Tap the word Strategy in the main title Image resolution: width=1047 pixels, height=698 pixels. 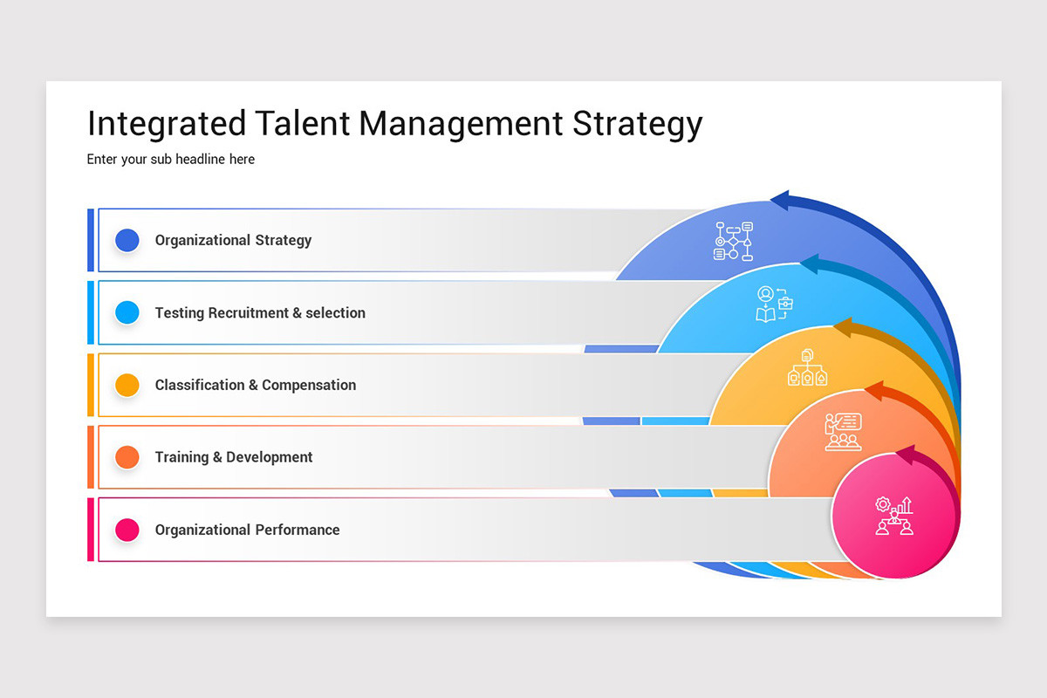tap(637, 124)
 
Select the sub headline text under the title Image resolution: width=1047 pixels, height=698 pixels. tap(171, 159)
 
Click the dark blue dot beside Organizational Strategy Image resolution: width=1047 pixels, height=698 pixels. tap(127, 240)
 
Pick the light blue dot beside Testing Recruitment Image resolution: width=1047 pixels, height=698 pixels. tap(127, 312)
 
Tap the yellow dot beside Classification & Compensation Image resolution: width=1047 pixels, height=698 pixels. tap(127, 385)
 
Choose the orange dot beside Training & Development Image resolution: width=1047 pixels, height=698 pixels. tap(127, 457)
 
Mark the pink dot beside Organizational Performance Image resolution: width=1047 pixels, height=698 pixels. tap(127, 530)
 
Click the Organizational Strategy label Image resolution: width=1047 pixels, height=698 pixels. tap(233, 240)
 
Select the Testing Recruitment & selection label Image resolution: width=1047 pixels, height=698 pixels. tap(260, 312)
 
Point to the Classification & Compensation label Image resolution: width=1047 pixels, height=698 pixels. tap(256, 385)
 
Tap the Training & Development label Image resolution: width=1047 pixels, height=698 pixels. tap(234, 457)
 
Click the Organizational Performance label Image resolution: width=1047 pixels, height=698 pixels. tap(248, 530)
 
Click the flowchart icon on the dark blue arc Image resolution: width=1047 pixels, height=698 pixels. tap(734, 241)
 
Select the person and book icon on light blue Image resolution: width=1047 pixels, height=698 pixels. tap(774, 305)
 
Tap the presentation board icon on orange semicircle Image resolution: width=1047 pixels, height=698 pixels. tap(843, 432)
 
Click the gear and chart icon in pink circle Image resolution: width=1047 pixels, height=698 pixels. tap(894, 516)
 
